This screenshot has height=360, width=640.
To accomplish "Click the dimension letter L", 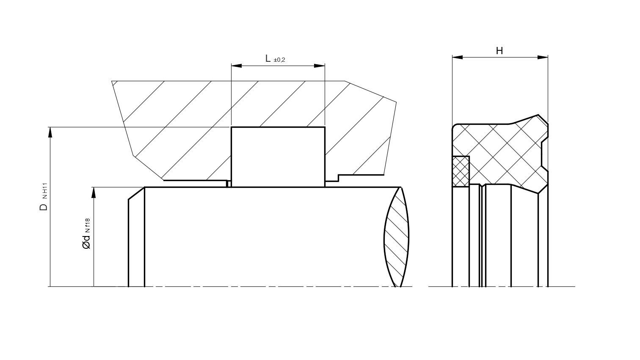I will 268,58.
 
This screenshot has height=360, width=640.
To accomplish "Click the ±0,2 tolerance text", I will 279,60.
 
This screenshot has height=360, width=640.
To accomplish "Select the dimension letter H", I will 499,51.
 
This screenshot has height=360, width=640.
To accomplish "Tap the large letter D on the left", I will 44,207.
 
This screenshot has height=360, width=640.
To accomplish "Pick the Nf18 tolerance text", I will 88,226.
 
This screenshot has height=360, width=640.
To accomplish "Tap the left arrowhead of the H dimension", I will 457,57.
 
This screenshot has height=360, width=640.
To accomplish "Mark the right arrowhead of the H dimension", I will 543,57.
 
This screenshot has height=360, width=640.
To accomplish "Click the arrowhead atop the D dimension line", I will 50,132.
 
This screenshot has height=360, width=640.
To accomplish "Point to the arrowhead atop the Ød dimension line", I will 94,192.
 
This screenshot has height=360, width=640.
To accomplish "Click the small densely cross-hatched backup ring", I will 461,171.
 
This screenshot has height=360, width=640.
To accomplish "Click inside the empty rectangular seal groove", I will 278,157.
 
